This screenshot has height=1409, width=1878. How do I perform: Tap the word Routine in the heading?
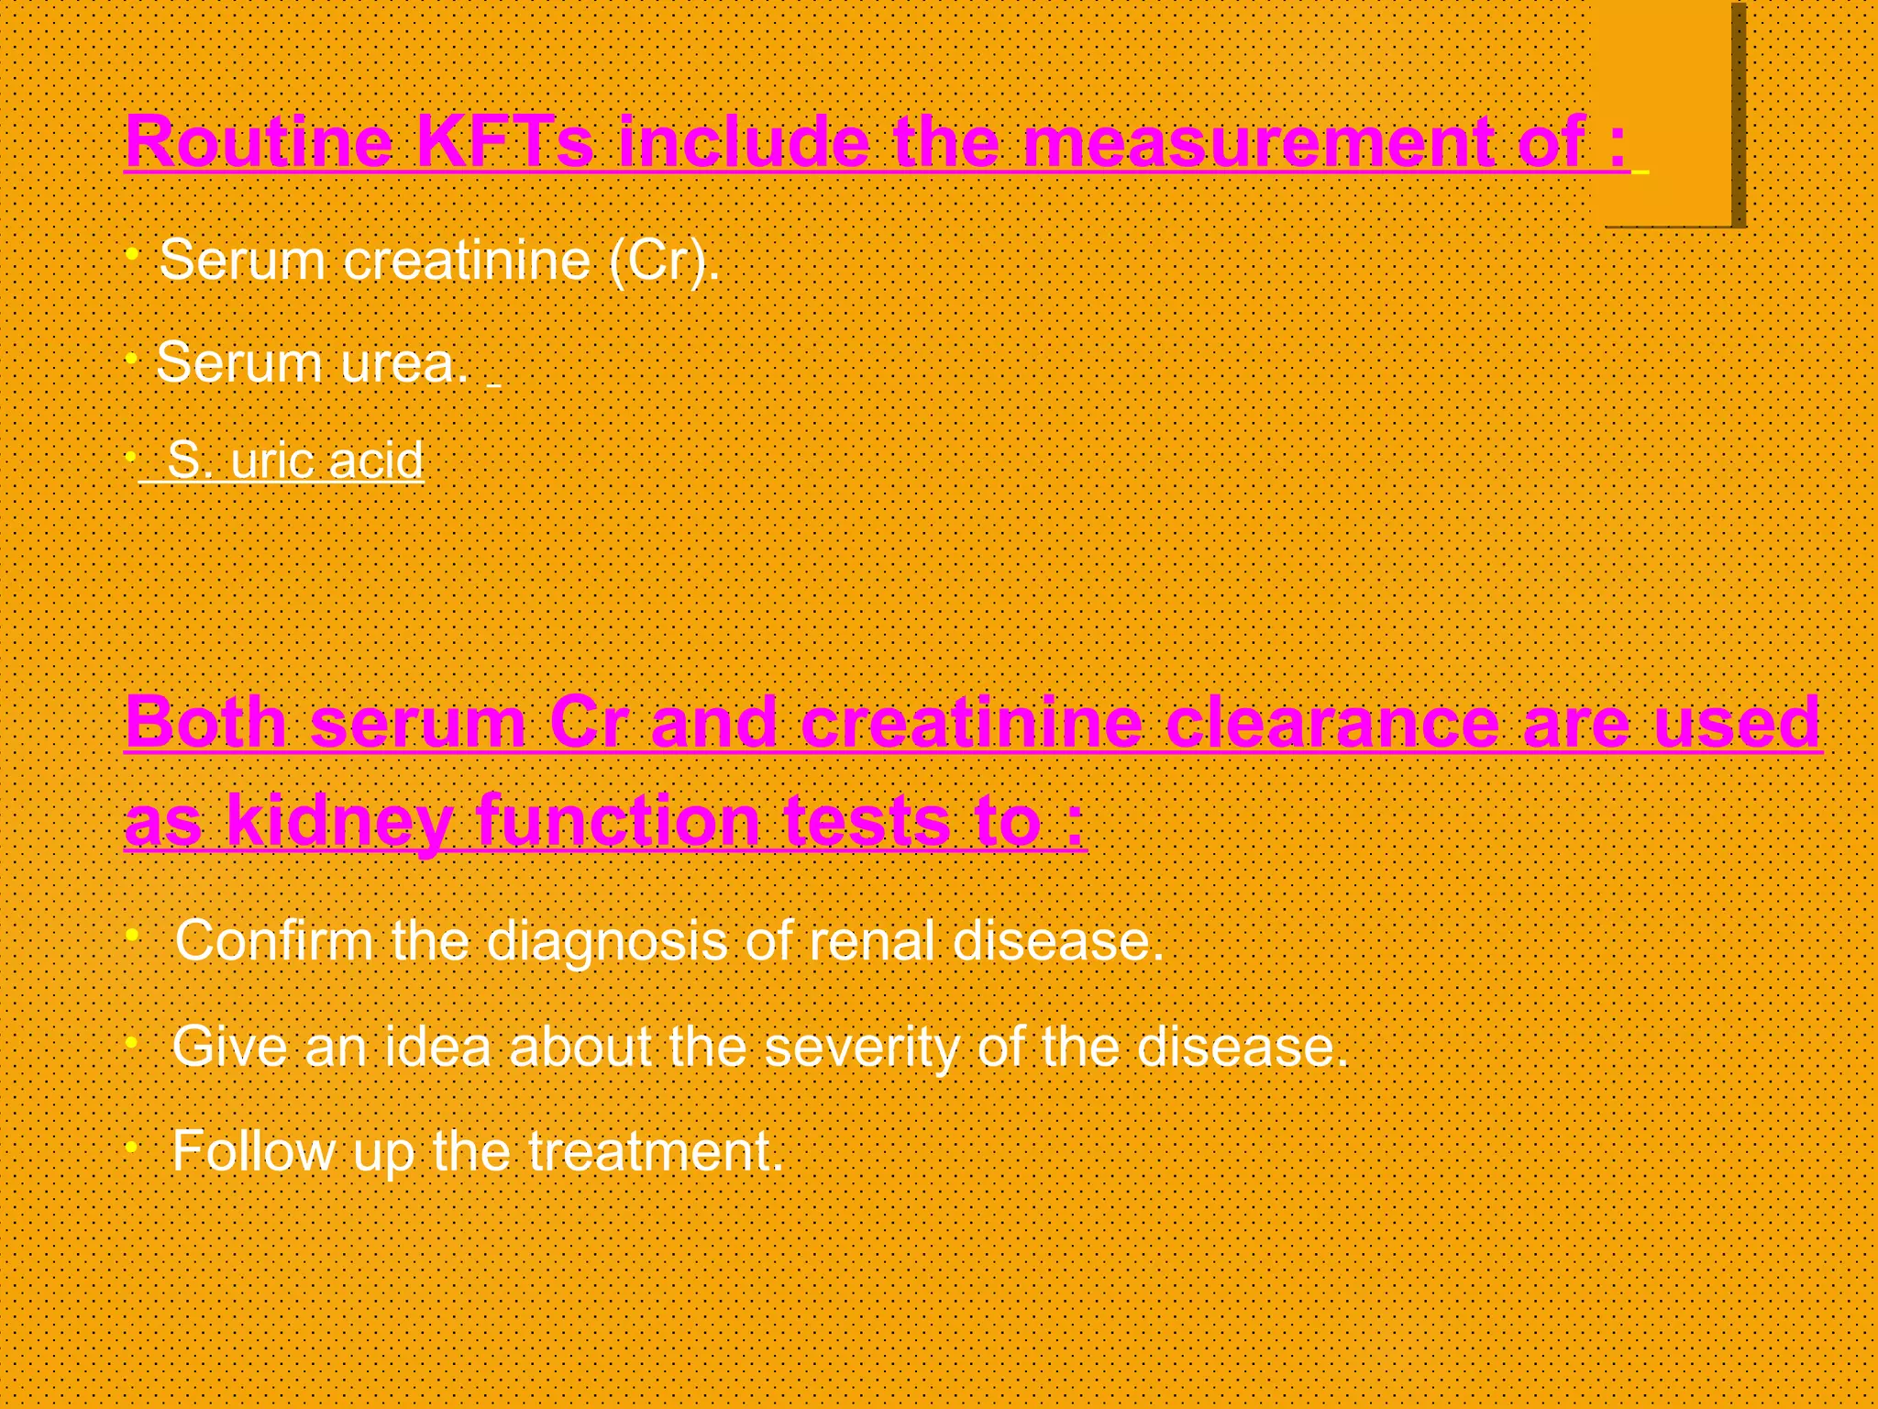pos(259,142)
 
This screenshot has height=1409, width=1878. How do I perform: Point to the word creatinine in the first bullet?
pos(467,261)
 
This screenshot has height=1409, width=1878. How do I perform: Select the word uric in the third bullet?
pos(271,460)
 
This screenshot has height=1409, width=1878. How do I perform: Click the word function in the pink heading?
pos(617,821)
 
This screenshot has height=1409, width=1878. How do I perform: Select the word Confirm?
pos(273,941)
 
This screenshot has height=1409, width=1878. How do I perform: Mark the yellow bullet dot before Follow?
pos(132,1147)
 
